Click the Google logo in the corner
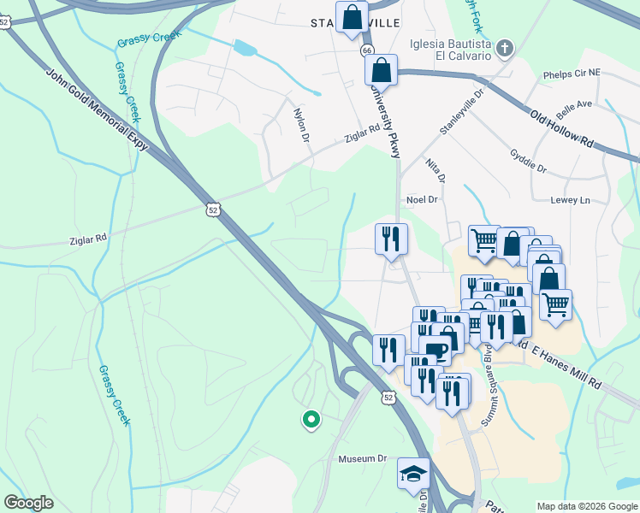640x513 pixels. click(28, 503)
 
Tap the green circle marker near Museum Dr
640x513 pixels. click(311, 419)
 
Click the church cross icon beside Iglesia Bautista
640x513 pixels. click(505, 48)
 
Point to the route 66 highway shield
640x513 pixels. click(366, 51)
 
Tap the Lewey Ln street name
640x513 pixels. click(572, 200)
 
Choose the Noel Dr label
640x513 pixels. click(422, 199)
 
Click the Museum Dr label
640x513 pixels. click(363, 459)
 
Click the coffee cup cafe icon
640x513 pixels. click(436, 350)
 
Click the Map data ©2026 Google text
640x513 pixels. click(586, 506)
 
